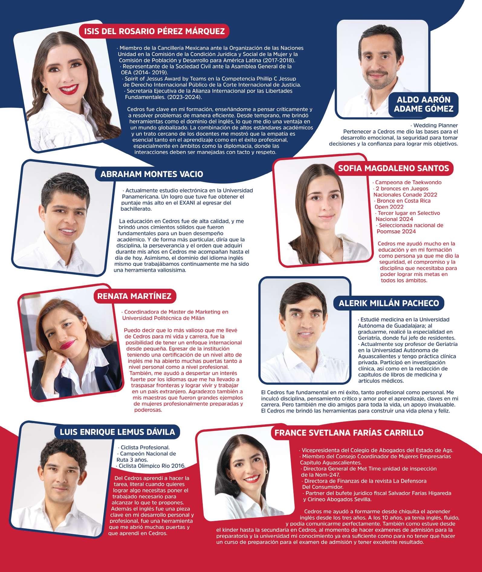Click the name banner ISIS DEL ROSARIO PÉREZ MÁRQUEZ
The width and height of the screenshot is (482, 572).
(x=154, y=31)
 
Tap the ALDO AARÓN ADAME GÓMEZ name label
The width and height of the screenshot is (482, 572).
(x=423, y=104)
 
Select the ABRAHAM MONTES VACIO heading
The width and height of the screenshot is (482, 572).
(x=151, y=174)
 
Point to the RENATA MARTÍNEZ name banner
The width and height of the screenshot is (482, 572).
(x=134, y=296)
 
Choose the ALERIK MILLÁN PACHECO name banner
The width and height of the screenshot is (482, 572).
(x=389, y=303)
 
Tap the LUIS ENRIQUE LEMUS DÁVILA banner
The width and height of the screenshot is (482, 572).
(x=117, y=432)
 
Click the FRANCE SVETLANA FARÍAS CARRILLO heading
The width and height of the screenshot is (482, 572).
(x=349, y=432)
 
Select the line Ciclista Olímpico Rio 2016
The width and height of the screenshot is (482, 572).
(x=152, y=466)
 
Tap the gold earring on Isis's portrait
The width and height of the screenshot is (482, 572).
(x=45, y=90)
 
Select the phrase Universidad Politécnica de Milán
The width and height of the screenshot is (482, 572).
(x=163, y=318)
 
